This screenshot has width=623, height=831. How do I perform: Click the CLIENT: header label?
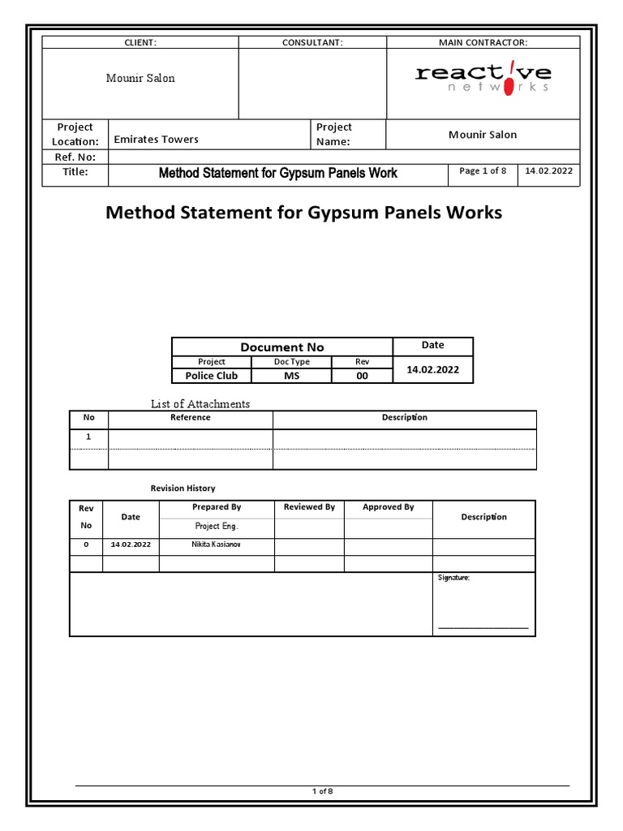click(140, 42)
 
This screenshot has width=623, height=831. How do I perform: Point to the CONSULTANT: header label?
click(312, 42)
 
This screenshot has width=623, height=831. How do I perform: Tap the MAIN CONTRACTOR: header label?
click(483, 42)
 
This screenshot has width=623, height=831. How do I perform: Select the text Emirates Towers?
click(156, 140)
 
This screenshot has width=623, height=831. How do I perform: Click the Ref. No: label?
click(74, 157)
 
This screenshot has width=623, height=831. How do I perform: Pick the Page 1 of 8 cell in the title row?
click(483, 171)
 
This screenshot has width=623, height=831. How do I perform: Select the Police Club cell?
click(211, 376)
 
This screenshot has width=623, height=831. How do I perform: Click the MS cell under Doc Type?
click(291, 376)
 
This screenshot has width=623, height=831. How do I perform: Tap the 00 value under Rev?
click(362, 376)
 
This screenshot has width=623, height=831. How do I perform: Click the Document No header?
click(281, 347)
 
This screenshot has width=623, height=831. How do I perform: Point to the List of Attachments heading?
click(200, 403)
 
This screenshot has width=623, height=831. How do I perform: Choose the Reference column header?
click(190, 417)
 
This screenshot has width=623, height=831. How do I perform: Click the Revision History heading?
click(183, 488)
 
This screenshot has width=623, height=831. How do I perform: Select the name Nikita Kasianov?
click(216, 544)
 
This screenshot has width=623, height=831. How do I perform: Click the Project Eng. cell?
click(216, 526)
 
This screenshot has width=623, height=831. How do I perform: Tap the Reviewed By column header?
click(309, 506)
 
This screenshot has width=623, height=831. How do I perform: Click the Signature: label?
click(453, 578)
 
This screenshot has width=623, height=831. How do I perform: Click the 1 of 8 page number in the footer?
click(322, 792)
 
